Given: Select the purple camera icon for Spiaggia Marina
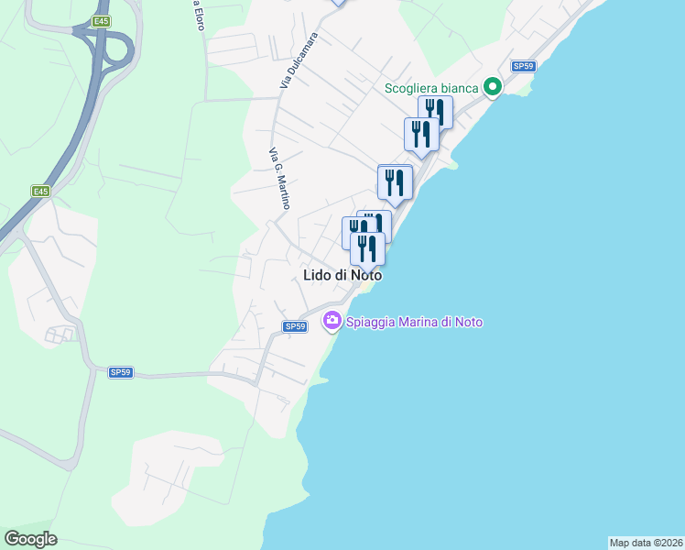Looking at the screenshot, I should [x=332, y=321].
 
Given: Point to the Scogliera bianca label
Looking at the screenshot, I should [x=431, y=88].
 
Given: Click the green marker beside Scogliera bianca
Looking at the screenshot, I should [x=493, y=88].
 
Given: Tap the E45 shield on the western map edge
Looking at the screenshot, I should [x=40, y=191].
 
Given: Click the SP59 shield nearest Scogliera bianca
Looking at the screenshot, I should [x=522, y=66].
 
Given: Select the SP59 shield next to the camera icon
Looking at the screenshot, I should [x=294, y=326].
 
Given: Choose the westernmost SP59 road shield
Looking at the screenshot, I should [x=121, y=372].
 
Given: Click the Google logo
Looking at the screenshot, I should [x=30, y=539].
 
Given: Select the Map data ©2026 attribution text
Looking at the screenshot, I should [x=646, y=542].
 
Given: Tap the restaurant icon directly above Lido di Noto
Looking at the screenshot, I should [x=367, y=248].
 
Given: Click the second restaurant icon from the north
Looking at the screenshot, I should [x=421, y=134].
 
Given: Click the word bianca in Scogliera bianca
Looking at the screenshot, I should [x=458, y=88].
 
